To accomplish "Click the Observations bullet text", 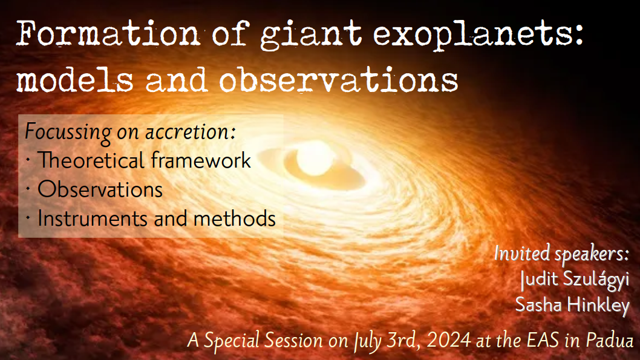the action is tap(100, 189).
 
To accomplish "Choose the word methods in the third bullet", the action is tap(234, 218).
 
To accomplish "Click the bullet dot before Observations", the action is tap(28, 189).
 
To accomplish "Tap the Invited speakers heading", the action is tap(561, 254).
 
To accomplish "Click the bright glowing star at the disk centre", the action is tap(315, 159).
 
